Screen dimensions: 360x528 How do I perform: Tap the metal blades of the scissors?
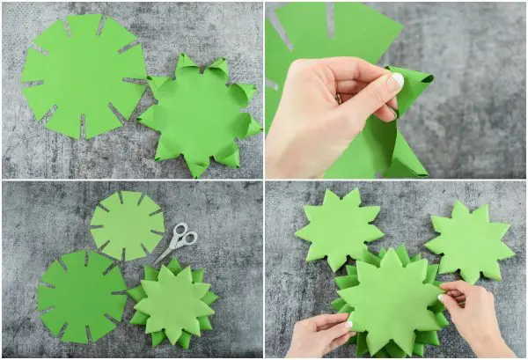coord(166,253)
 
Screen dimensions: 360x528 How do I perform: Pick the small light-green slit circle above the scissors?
coord(127,225)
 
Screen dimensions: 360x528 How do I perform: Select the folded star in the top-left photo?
coord(199,115)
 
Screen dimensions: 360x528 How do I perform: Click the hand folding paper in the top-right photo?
coord(326,114)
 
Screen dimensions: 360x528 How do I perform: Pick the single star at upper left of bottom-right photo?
coord(339,227)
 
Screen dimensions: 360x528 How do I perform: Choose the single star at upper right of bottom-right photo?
coord(470,240)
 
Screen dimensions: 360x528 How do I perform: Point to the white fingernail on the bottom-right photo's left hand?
coord(349,323)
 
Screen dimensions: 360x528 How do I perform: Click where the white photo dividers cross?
coord(264,180)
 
